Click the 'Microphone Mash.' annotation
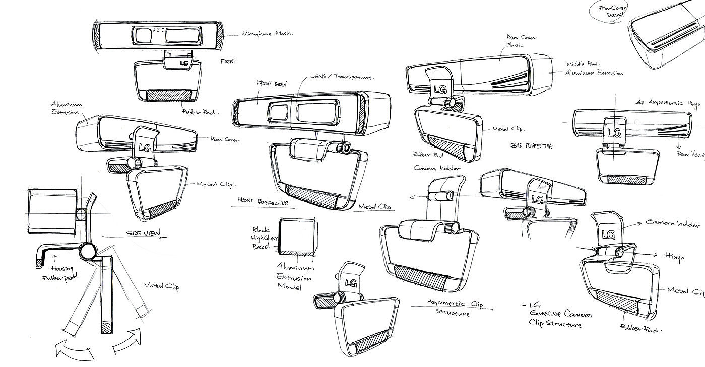click(268, 34)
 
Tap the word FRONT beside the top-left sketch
click(229, 61)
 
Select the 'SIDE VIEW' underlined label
click(144, 232)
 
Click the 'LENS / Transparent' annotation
click(342, 78)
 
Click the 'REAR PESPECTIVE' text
click(531, 145)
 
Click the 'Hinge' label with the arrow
click(673, 258)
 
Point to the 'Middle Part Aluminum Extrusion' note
click(594, 68)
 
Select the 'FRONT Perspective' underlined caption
click(265, 202)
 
